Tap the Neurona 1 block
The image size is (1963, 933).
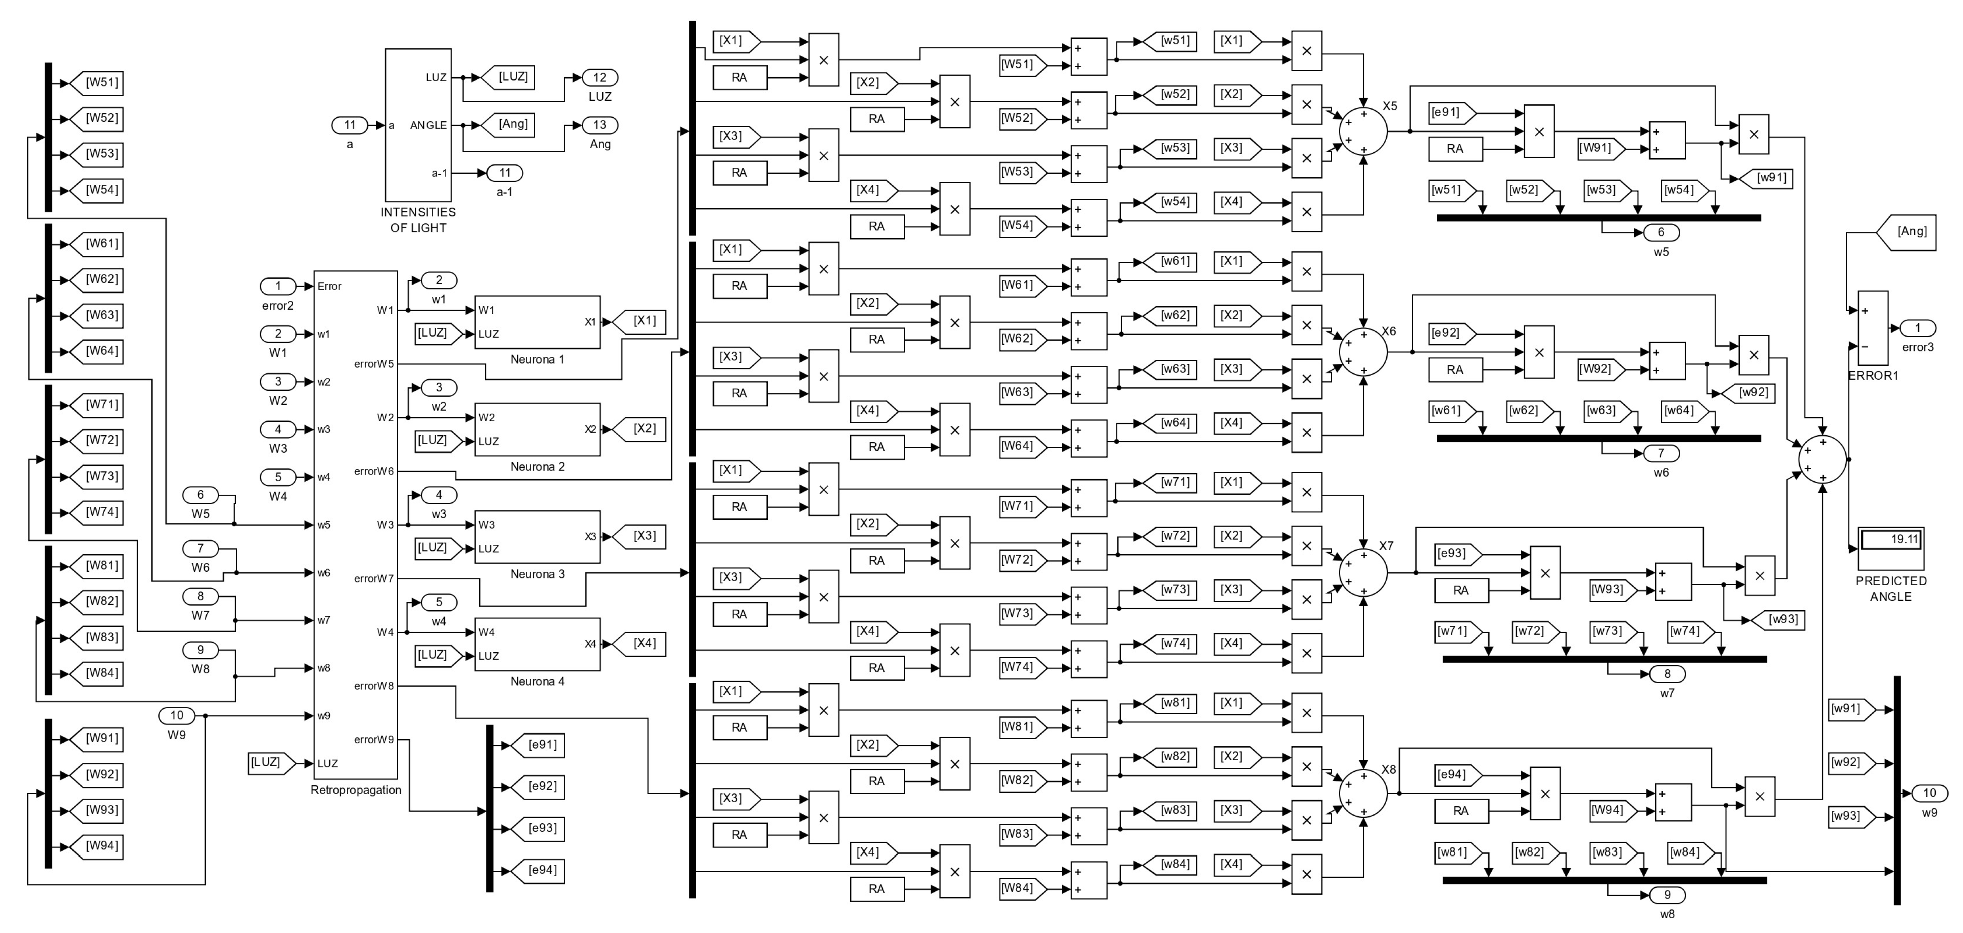point(537,322)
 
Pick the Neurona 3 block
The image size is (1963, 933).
point(537,537)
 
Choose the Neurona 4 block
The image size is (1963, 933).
point(537,644)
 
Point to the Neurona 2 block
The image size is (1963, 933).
point(537,429)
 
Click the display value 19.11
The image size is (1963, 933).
point(1891,539)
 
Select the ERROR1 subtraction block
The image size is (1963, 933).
point(1872,328)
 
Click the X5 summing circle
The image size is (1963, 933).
point(1363,131)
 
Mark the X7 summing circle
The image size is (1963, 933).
point(1363,573)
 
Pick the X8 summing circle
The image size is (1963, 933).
point(1363,793)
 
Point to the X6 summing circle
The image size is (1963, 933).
point(1363,352)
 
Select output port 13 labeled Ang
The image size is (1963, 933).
point(600,125)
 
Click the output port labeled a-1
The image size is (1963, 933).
point(504,173)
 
